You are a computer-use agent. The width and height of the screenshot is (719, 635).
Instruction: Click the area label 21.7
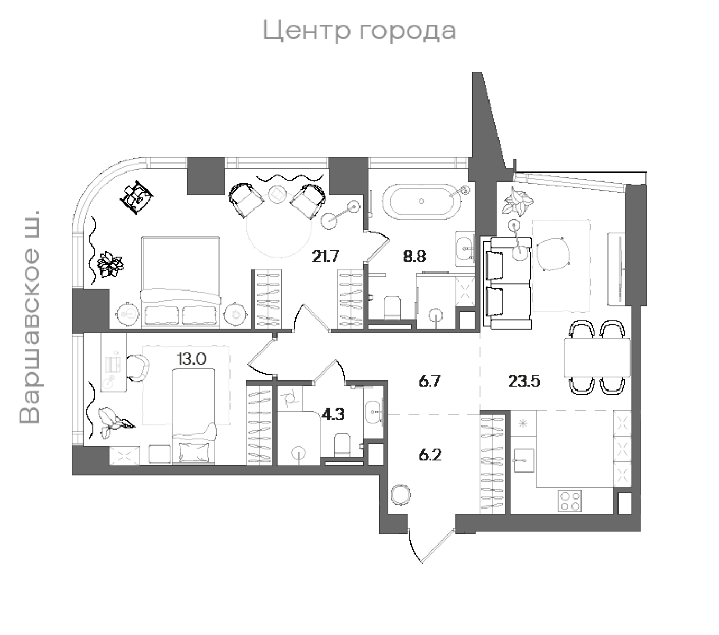click(325, 257)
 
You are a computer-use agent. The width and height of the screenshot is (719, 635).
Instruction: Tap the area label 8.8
click(414, 257)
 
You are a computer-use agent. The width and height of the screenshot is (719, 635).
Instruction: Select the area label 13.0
click(191, 359)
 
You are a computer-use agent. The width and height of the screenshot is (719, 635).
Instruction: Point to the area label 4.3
click(333, 414)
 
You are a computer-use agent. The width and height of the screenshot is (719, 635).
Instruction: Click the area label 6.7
click(429, 381)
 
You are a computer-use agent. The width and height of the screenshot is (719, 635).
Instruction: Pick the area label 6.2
click(430, 455)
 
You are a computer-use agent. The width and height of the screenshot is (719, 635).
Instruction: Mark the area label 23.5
click(524, 381)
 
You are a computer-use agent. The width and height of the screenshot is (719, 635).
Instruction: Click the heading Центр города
click(359, 31)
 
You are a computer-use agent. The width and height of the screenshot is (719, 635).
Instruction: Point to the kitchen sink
click(523, 460)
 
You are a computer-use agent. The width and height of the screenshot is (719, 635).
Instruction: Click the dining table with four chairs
click(597, 358)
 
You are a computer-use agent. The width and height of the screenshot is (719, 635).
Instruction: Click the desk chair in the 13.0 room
click(139, 367)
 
